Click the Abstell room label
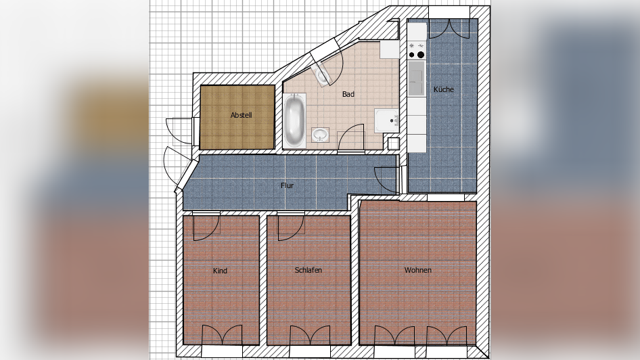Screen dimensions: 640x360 coord(241,115)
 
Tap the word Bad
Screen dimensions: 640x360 coord(348,94)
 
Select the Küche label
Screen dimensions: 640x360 coord(444,89)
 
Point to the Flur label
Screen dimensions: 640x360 coord(287,185)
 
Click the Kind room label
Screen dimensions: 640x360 coord(220,271)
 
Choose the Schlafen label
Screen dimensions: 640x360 coord(308,270)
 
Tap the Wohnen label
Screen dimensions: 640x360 coord(417,270)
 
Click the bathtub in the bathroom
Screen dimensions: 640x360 coord(294,121)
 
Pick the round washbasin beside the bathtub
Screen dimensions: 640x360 coord(321,134)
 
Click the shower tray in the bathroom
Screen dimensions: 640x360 coord(386,120)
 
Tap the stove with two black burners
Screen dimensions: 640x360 coord(417,51)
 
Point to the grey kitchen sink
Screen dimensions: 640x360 coord(417,78)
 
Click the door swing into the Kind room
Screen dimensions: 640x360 coord(206,227)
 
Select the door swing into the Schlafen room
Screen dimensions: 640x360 coord(291,227)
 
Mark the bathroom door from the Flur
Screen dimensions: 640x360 coord(351,138)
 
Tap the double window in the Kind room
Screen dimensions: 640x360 coord(222,335)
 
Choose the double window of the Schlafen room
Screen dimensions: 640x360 coord(310,335)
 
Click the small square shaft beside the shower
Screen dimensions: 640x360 coord(393,143)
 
